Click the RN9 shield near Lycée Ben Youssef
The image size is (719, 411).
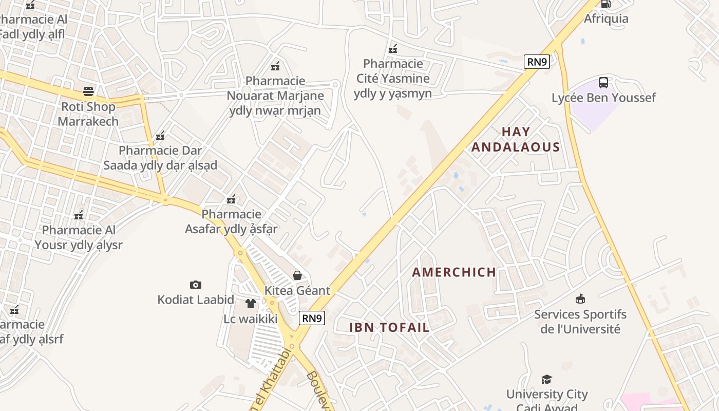coord(537,62)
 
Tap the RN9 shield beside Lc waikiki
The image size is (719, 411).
coord(312,319)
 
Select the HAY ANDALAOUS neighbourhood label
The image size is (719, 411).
coord(516,139)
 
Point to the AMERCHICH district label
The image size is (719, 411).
coord(454,272)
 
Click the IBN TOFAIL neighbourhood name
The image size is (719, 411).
coord(389,327)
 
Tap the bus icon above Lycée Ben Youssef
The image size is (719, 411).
coord(603,82)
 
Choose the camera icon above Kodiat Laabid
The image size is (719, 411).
coord(196,285)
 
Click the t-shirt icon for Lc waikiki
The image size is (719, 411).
coord(251,304)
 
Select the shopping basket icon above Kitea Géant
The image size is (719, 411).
coord(297,275)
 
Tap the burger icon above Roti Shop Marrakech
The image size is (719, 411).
coord(88,92)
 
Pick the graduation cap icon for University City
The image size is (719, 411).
coord(546,379)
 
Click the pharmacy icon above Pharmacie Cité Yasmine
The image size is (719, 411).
coord(393,49)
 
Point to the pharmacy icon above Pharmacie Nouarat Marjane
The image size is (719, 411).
coord(275,66)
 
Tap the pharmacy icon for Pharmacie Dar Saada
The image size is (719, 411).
coord(160,135)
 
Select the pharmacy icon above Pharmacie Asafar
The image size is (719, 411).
coord(232,199)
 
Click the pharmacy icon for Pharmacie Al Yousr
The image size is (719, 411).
coord(79,215)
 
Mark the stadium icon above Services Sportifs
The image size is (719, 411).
coord(580,298)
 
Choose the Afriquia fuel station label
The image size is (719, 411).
coord(606,18)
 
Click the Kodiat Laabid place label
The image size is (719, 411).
coord(196,300)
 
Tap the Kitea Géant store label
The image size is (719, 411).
coord(297,290)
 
